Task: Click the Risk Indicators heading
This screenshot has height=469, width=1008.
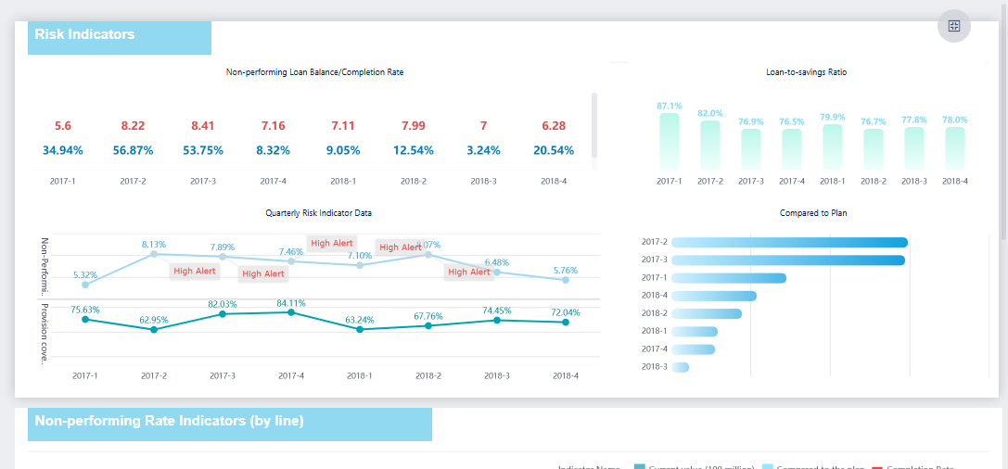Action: (x=85, y=34)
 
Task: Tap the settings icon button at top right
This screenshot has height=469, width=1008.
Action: (x=953, y=26)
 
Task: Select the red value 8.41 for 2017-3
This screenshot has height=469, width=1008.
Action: (x=203, y=126)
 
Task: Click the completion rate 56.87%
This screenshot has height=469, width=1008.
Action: (x=133, y=150)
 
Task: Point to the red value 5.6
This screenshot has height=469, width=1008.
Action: (x=63, y=126)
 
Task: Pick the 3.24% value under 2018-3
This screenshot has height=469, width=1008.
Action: (x=483, y=150)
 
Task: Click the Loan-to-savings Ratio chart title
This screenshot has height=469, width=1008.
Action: (x=806, y=71)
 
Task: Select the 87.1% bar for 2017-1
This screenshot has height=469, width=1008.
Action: (x=670, y=141)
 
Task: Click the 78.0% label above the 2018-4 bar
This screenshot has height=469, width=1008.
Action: (x=955, y=120)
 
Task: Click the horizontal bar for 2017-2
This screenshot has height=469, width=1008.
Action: (x=789, y=243)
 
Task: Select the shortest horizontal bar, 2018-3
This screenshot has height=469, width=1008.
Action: (x=680, y=367)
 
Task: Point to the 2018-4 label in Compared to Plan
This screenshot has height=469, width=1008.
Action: (x=654, y=296)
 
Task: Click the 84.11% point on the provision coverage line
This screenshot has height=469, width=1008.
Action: (x=291, y=312)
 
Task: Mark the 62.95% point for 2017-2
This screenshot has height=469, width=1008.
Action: (x=154, y=329)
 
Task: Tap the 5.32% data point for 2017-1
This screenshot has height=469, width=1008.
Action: (x=85, y=285)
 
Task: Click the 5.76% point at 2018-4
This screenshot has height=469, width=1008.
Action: (x=566, y=279)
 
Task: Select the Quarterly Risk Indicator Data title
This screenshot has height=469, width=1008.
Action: (x=319, y=213)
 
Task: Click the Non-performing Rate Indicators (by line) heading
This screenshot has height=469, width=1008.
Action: (x=169, y=421)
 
